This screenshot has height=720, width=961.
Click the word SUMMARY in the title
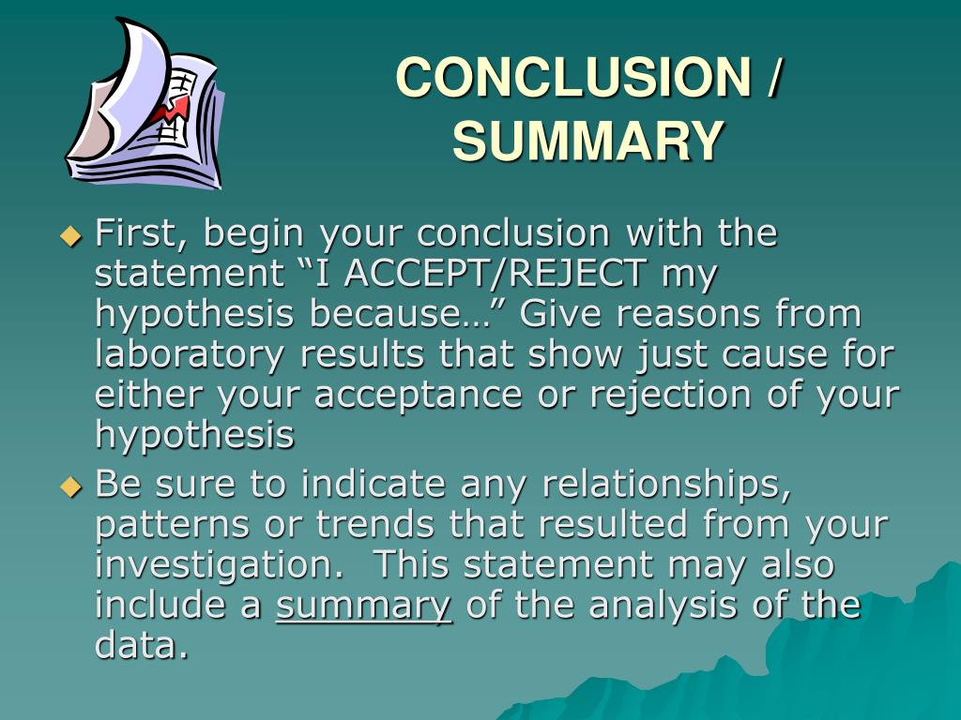(x=588, y=141)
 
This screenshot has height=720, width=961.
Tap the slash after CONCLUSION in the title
(x=771, y=77)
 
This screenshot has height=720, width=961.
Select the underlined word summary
(x=364, y=606)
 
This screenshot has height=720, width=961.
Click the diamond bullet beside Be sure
(x=71, y=487)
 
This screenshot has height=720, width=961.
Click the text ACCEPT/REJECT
(x=494, y=274)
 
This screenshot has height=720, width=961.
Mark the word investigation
(x=226, y=565)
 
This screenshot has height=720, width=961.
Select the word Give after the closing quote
(x=558, y=315)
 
